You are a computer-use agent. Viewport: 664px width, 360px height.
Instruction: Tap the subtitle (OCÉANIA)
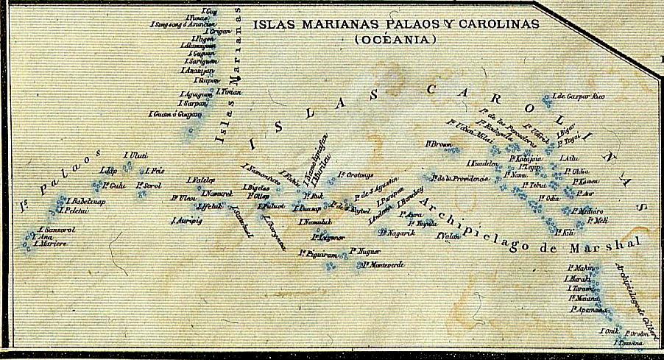pyautogui.click(x=395, y=39)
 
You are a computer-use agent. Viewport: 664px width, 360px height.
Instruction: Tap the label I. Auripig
pyautogui.click(x=186, y=219)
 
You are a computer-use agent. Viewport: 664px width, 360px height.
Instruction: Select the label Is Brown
pyautogui.click(x=439, y=144)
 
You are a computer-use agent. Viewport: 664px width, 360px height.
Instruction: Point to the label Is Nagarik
pyautogui.click(x=398, y=233)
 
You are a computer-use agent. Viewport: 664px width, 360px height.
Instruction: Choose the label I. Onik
pyautogui.click(x=608, y=331)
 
